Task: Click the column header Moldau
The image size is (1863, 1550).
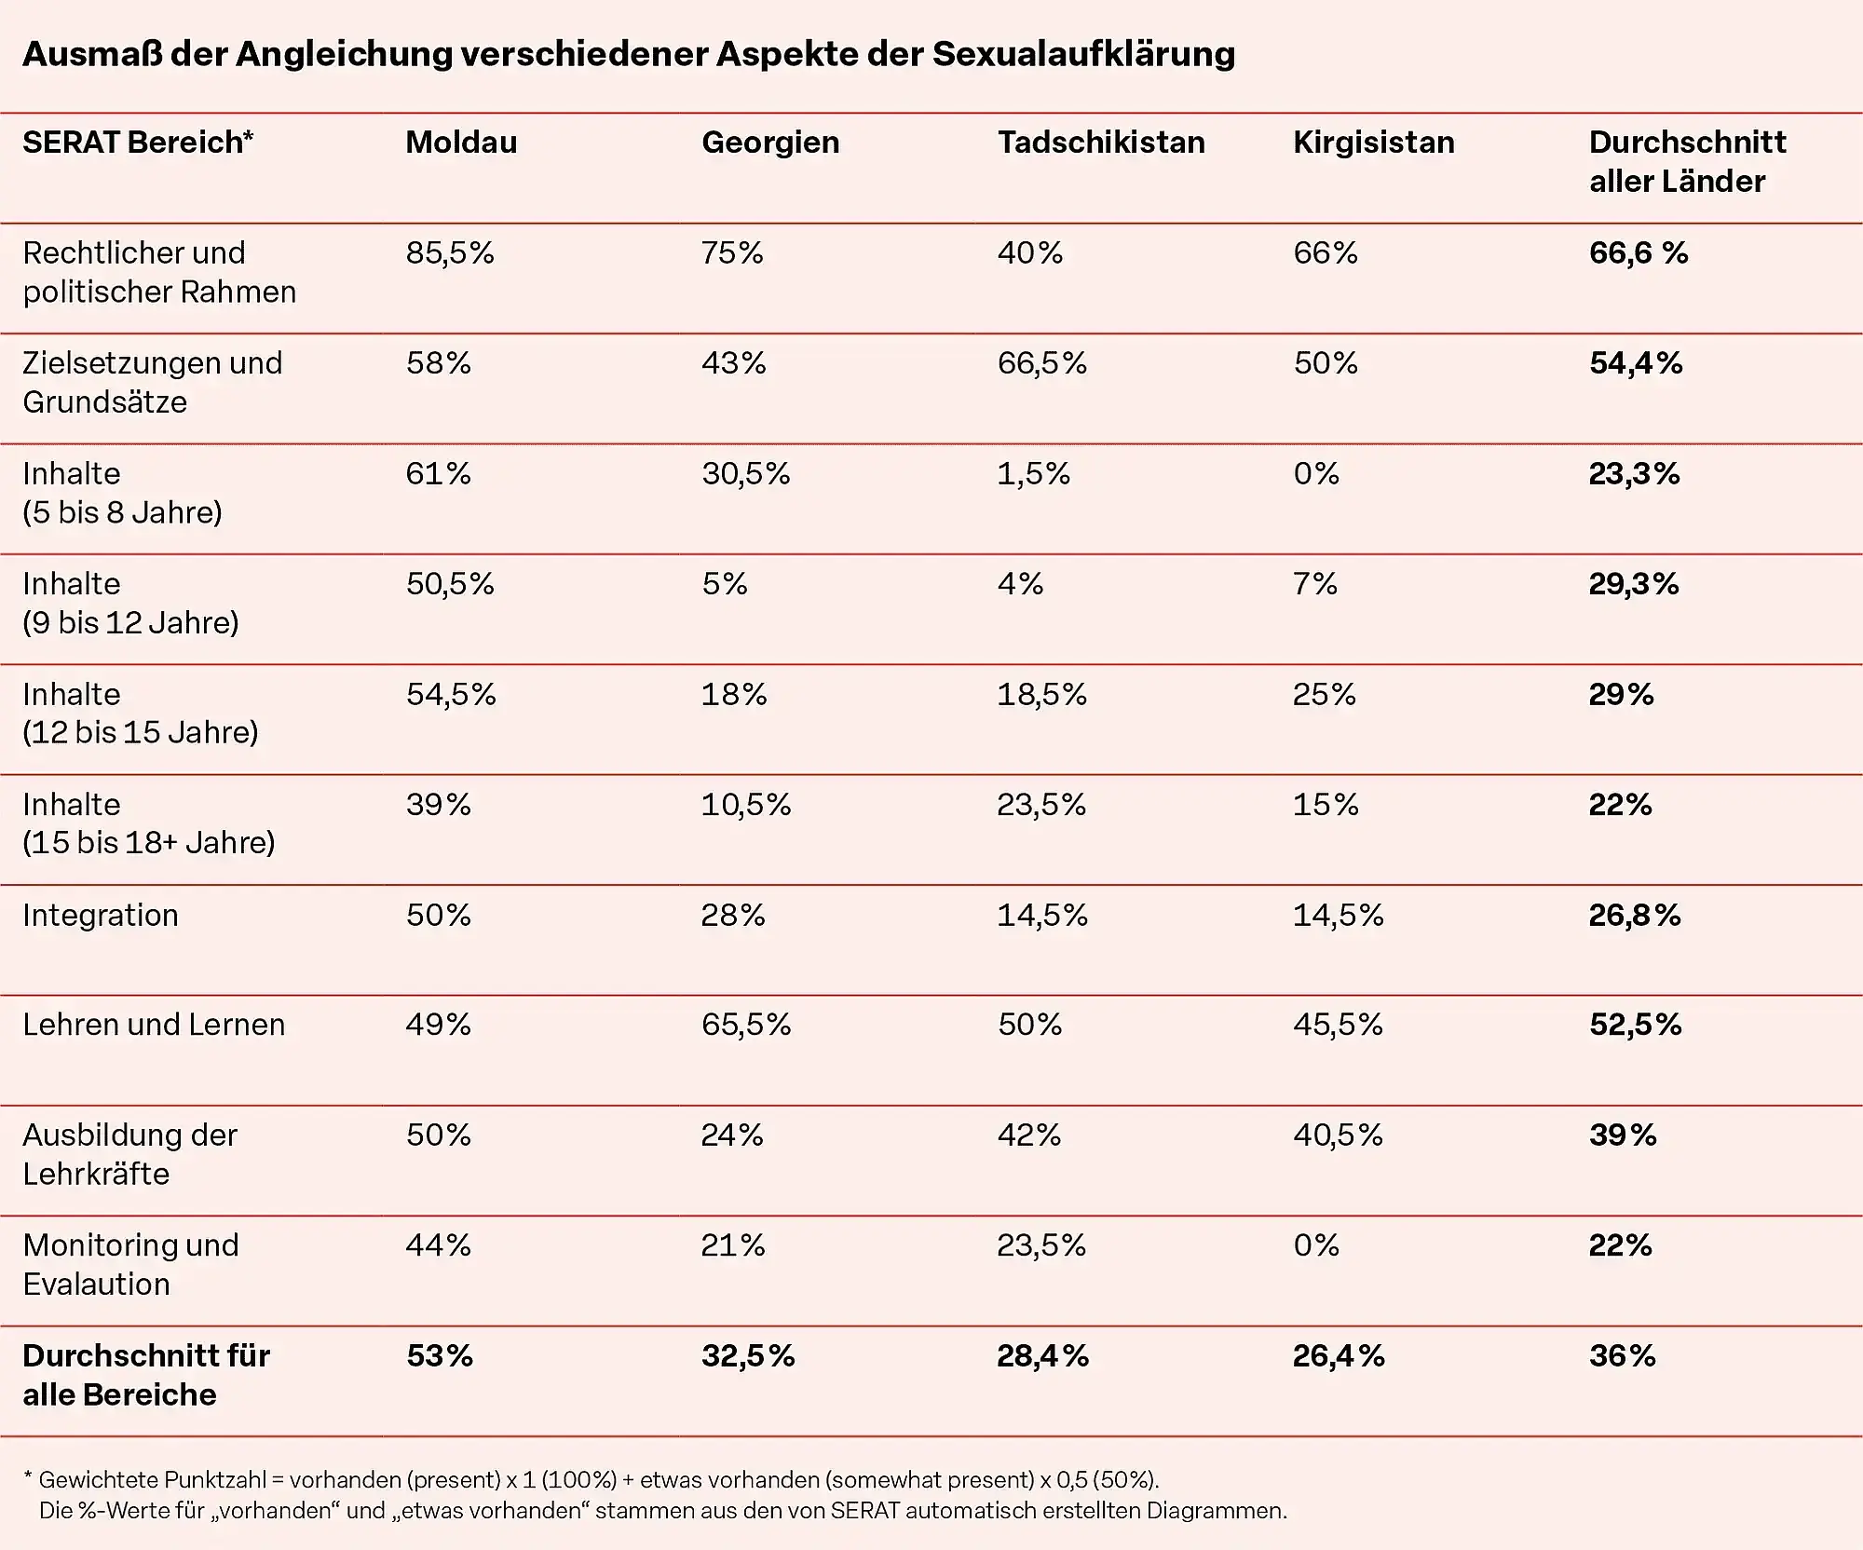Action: [461, 143]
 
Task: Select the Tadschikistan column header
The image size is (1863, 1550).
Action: [1101, 143]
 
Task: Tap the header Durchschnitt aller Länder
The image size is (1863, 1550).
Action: [1686, 161]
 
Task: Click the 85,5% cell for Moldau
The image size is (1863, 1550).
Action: [450, 252]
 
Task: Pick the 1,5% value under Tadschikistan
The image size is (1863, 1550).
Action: [1033, 473]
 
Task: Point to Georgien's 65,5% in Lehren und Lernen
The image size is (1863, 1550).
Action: [745, 1025]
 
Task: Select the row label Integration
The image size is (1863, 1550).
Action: [101, 915]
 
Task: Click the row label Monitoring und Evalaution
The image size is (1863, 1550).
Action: [130, 1264]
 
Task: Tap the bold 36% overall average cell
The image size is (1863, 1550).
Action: [1622, 1355]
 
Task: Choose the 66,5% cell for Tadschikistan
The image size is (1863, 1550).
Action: [1041, 363]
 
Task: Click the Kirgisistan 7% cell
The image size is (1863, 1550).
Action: [1314, 584]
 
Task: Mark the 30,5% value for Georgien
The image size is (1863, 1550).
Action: [745, 473]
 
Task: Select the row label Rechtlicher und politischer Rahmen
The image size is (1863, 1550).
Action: [158, 272]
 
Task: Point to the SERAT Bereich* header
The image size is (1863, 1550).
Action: [138, 143]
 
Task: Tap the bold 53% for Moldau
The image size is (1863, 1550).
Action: [440, 1355]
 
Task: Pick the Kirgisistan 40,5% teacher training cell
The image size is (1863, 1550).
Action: [1338, 1135]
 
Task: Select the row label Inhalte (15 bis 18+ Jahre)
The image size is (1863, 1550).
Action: [149, 823]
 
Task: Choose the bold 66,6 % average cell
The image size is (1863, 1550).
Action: [1638, 252]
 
